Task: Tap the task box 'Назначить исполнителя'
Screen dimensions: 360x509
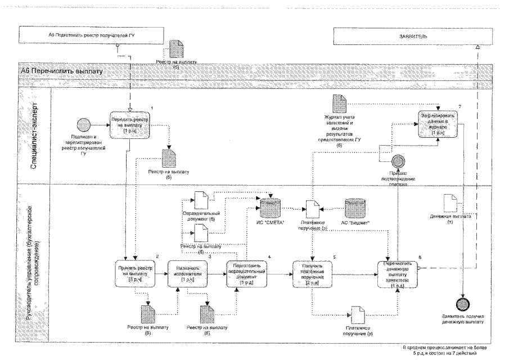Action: tap(188, 273)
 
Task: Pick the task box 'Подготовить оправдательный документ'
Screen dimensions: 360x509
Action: tap(245, 273)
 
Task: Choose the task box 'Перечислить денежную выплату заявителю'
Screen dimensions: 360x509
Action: tap(397, 273)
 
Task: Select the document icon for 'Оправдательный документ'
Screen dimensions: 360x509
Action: tap(200, 199)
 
